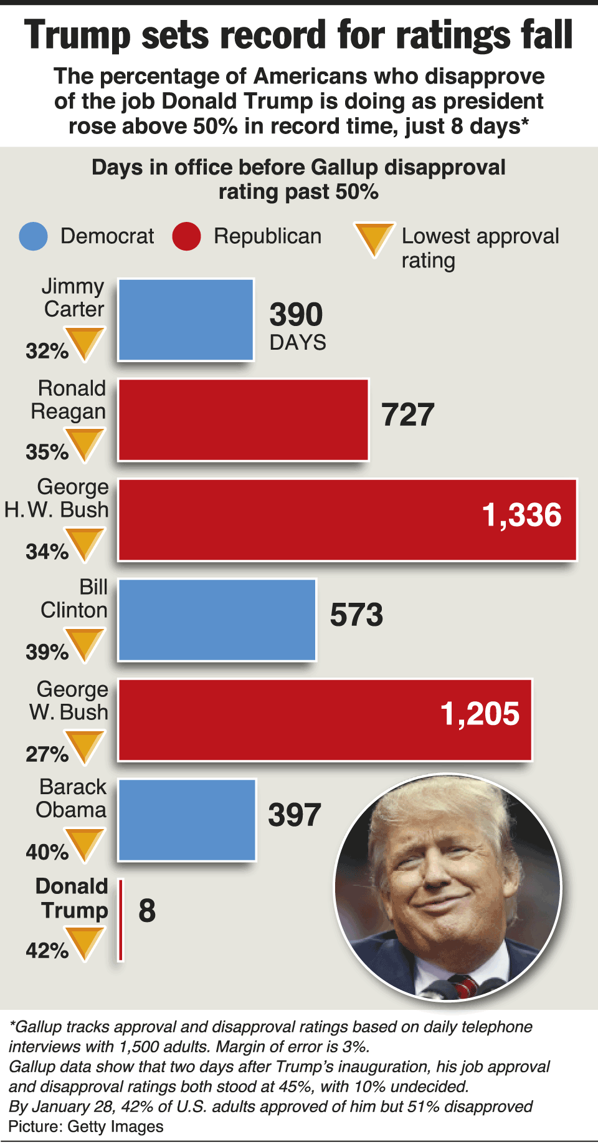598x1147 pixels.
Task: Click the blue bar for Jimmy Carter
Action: [x=186, y=320]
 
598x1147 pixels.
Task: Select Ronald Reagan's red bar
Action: [x=243, y=420]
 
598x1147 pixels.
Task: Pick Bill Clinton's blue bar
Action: [x=217, y=620]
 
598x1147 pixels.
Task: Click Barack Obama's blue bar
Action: [x=187, y=820]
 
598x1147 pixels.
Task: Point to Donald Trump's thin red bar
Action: [x=121, y=919]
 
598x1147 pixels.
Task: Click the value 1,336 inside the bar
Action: [x=521, y=516]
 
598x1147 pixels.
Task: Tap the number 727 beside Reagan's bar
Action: [x=407, y=415]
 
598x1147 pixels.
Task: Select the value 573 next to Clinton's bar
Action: [x=356, y=615]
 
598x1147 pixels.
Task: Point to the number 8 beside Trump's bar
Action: [x=147, y=911]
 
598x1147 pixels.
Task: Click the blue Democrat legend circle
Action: [x=33, y=236]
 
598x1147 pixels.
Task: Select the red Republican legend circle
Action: [x=186, y=236]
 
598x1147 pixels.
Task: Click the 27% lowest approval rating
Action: [x=47, y=754]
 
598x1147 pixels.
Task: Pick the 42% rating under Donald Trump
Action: [x=47, y=951]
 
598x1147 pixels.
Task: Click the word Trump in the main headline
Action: [x=77, y=35]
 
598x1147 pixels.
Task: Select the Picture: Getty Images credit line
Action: [x=86, y=1126]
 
